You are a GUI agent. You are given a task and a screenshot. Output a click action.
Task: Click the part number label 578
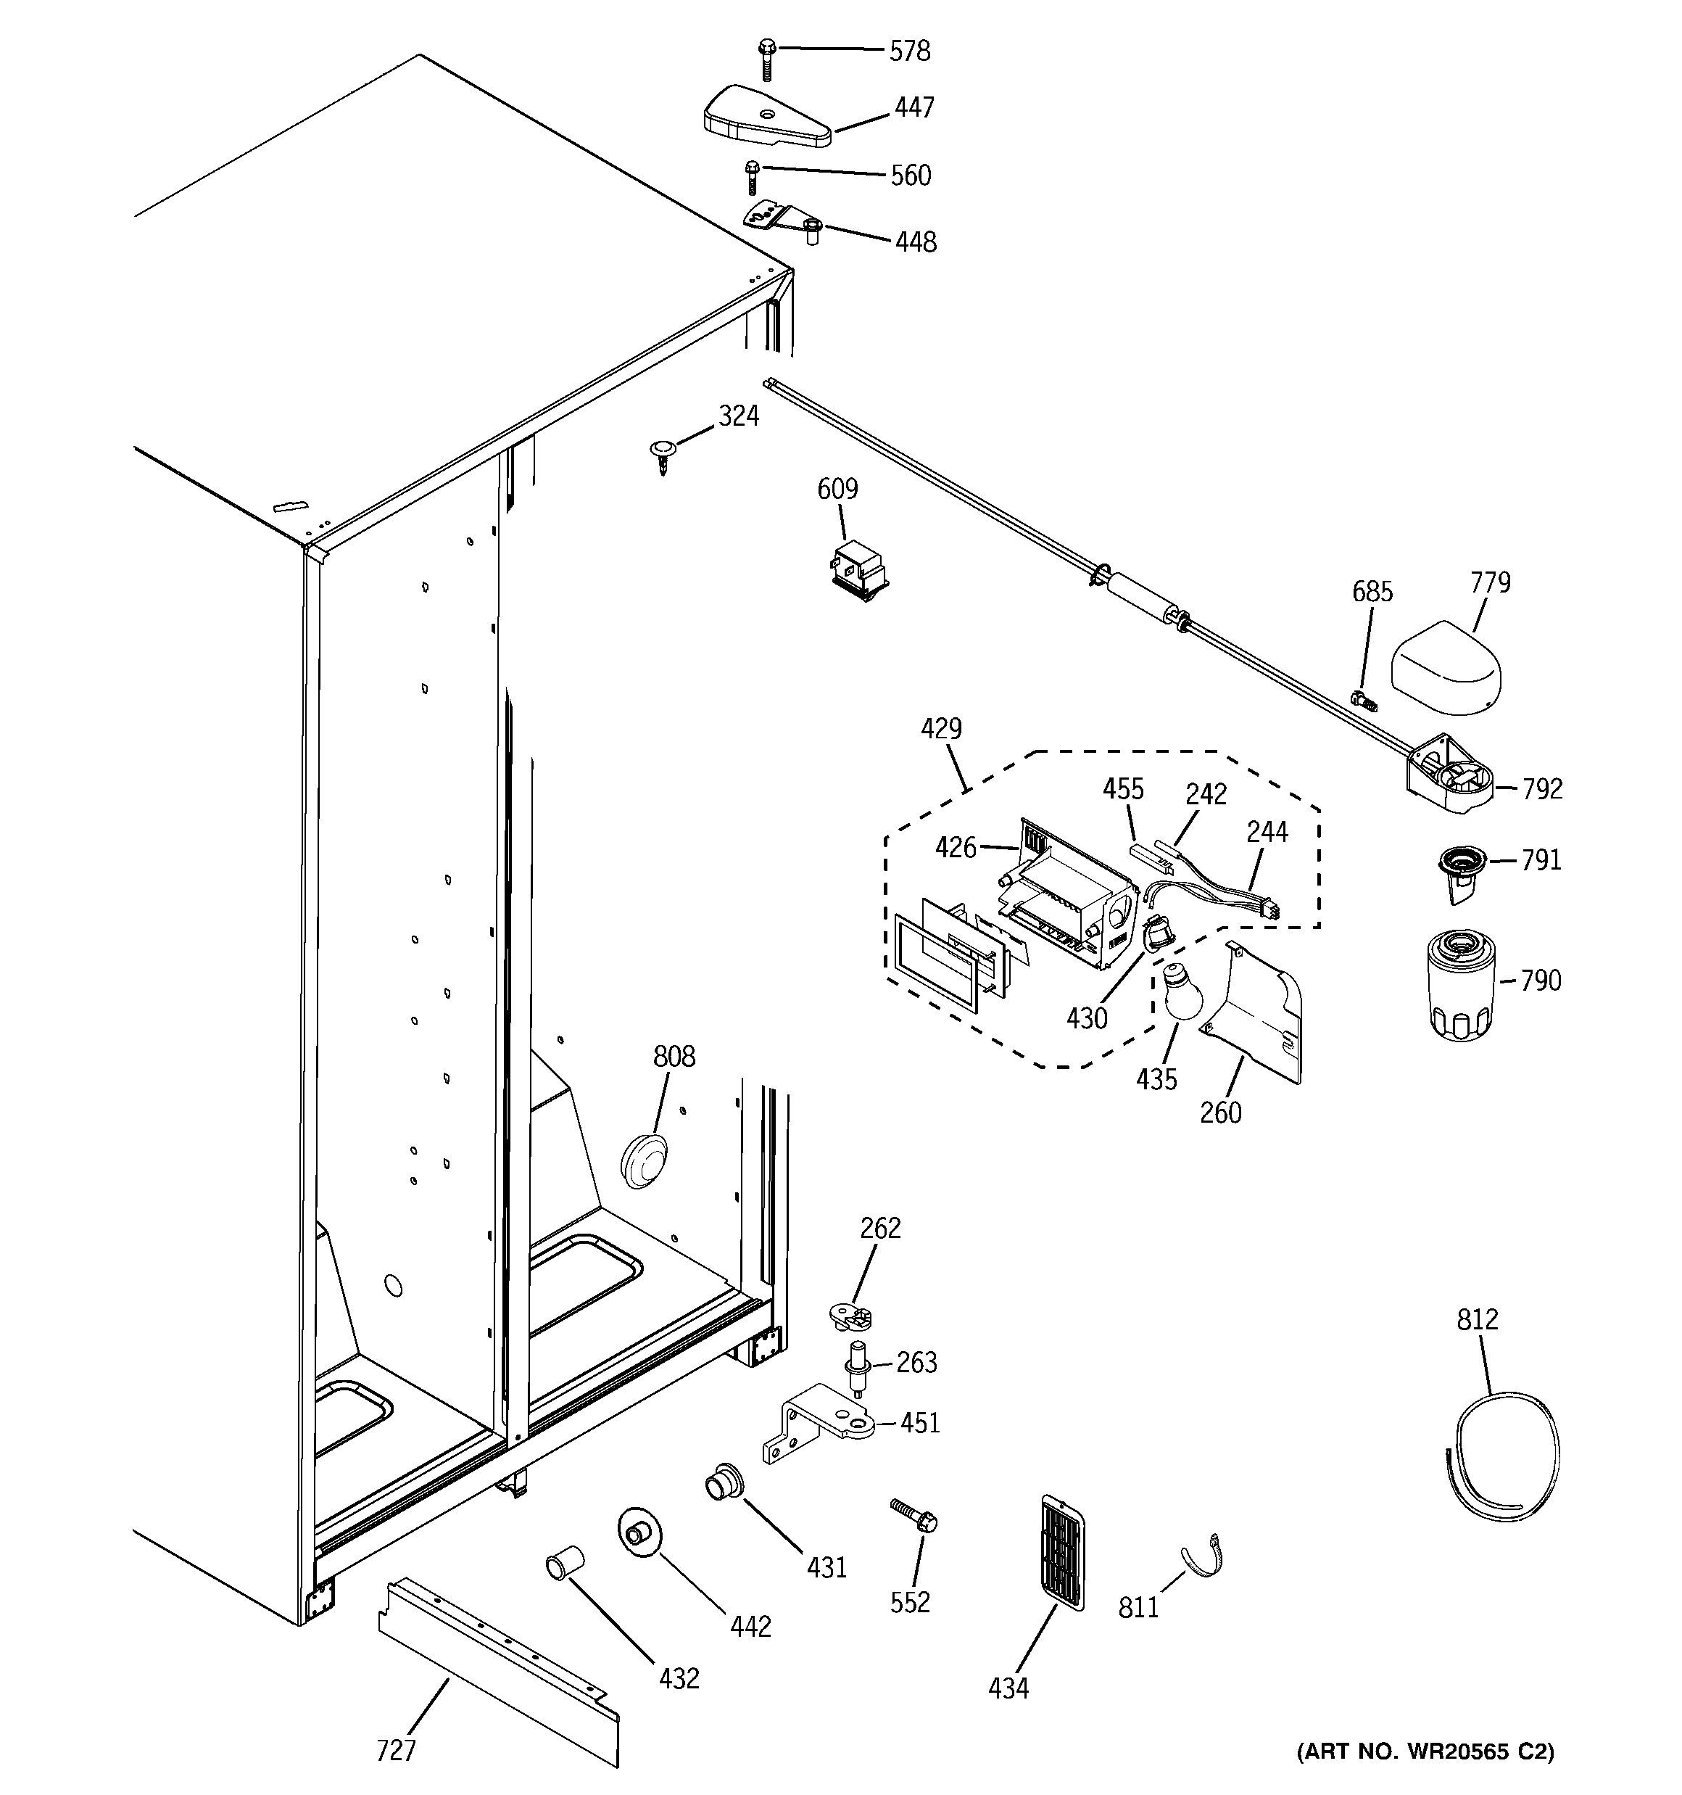(x=909, y=51)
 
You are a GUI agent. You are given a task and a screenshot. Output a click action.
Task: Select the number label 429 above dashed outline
(x=941, y=729)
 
